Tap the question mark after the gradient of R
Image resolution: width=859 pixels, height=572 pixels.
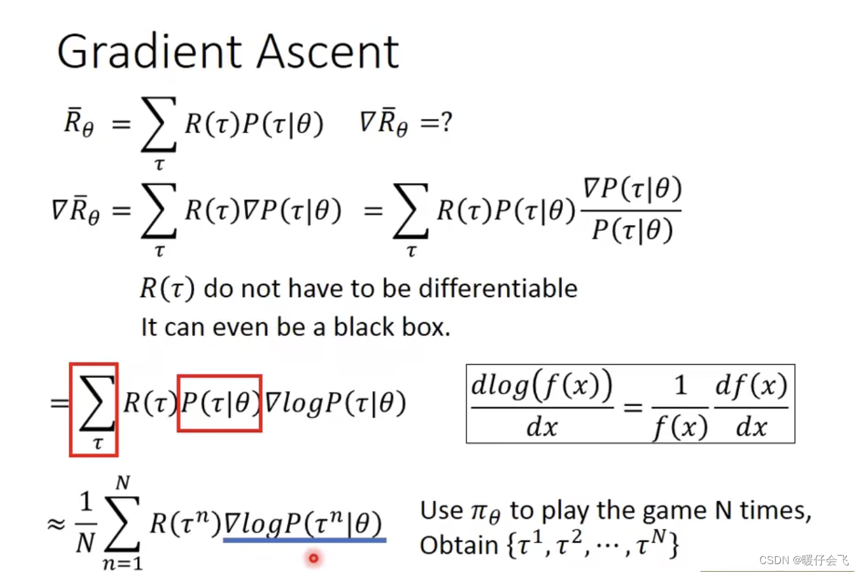(x=446, y=123)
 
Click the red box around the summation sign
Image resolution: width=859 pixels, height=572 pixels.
(x=93, y=409)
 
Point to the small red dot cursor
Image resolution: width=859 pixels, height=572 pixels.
(x=313, y=558)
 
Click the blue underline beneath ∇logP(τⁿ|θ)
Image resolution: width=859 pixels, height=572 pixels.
(x=304, y=541)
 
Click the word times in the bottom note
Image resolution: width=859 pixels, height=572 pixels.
(x=774, y=510)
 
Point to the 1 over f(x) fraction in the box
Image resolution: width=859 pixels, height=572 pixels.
(x=680, y=407)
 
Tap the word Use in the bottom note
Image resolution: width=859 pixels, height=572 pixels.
(x=441, y=510)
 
